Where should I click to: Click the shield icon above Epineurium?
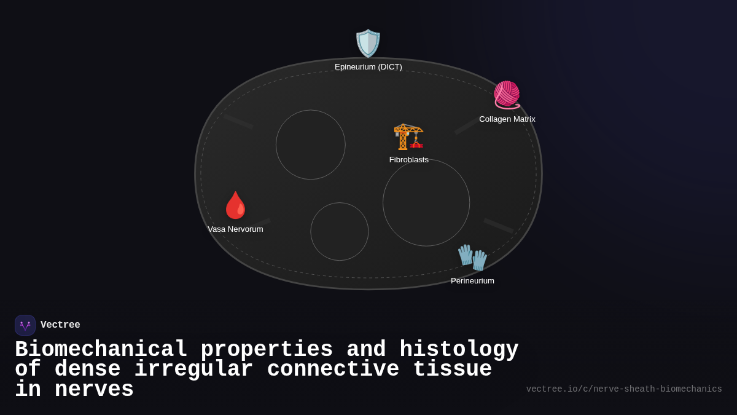[368, 43]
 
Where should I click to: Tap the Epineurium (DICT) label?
[368, 67]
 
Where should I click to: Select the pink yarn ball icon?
[507, 95]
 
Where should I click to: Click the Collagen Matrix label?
[507, 119]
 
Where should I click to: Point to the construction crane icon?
[408, 136]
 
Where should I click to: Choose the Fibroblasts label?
[408, 160]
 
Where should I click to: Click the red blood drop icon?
[235, 205]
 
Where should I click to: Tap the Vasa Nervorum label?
[235, 229]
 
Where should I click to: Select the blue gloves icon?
[472, 257]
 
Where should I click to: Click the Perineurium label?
[472, 281]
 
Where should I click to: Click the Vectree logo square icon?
[25, 325]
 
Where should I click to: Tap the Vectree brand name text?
[60, 325]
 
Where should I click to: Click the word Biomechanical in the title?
[101, 350]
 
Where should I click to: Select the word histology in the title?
[459, 350]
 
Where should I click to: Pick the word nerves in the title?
[94, 390]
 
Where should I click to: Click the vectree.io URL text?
[623, 389]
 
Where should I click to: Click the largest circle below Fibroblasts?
[426, 203]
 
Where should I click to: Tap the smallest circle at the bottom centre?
[340, 232]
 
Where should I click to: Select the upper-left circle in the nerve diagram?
[311, 145]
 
